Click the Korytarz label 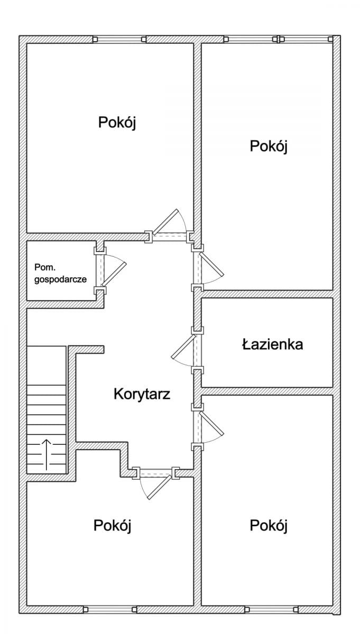142,394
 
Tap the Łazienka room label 272,345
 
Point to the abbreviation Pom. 43,267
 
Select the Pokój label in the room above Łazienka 268,146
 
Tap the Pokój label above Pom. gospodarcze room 117,123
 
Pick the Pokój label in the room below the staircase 112,525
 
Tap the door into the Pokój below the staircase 156,483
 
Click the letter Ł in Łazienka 246,345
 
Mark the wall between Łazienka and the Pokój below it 267,391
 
